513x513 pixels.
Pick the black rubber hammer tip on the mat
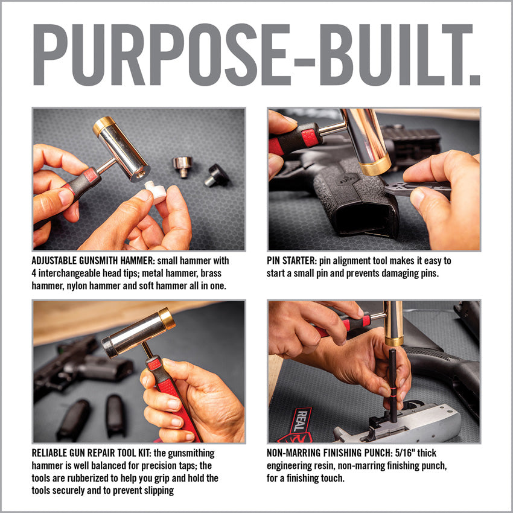click(x=216, y=176)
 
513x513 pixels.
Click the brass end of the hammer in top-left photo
click(x=104, y=126)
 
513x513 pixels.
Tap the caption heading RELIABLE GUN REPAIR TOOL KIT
click(x=106, y=453)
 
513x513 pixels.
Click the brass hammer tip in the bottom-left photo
click(x=167, y=319)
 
